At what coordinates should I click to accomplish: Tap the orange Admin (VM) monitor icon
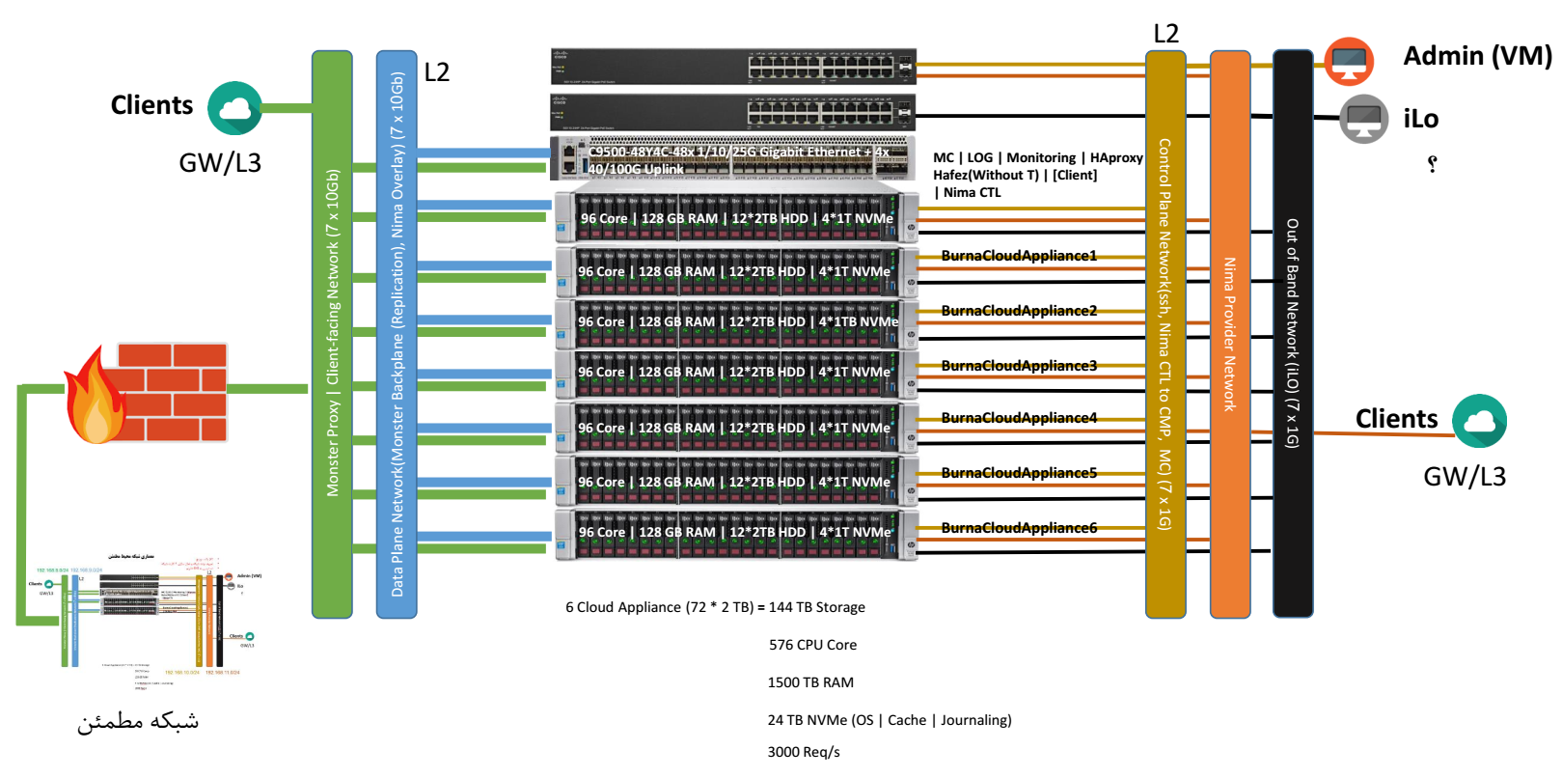point(1348,62)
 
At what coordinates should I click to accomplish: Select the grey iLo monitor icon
point(1363,119)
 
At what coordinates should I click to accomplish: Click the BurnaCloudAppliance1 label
point(1019,256)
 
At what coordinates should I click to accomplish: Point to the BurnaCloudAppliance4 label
point(1019,418)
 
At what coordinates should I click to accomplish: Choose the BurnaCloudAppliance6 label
point(1019,528)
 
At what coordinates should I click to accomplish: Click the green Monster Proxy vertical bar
point(332,333)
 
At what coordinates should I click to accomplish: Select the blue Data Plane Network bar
point(397,333)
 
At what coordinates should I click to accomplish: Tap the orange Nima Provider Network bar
point(1230,333)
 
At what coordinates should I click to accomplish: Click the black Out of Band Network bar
point(1293,333)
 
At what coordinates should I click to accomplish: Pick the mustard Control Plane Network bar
point(1165,333)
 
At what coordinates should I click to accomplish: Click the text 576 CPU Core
point(812,645)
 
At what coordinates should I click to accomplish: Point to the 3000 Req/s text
point(804,752)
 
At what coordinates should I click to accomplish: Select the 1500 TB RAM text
point(810,682)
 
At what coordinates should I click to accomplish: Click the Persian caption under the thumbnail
point(138,721)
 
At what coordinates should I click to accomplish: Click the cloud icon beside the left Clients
point(234,108)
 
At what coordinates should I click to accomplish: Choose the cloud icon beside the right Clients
point(1479,421)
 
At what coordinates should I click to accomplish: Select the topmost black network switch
point(733,67)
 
